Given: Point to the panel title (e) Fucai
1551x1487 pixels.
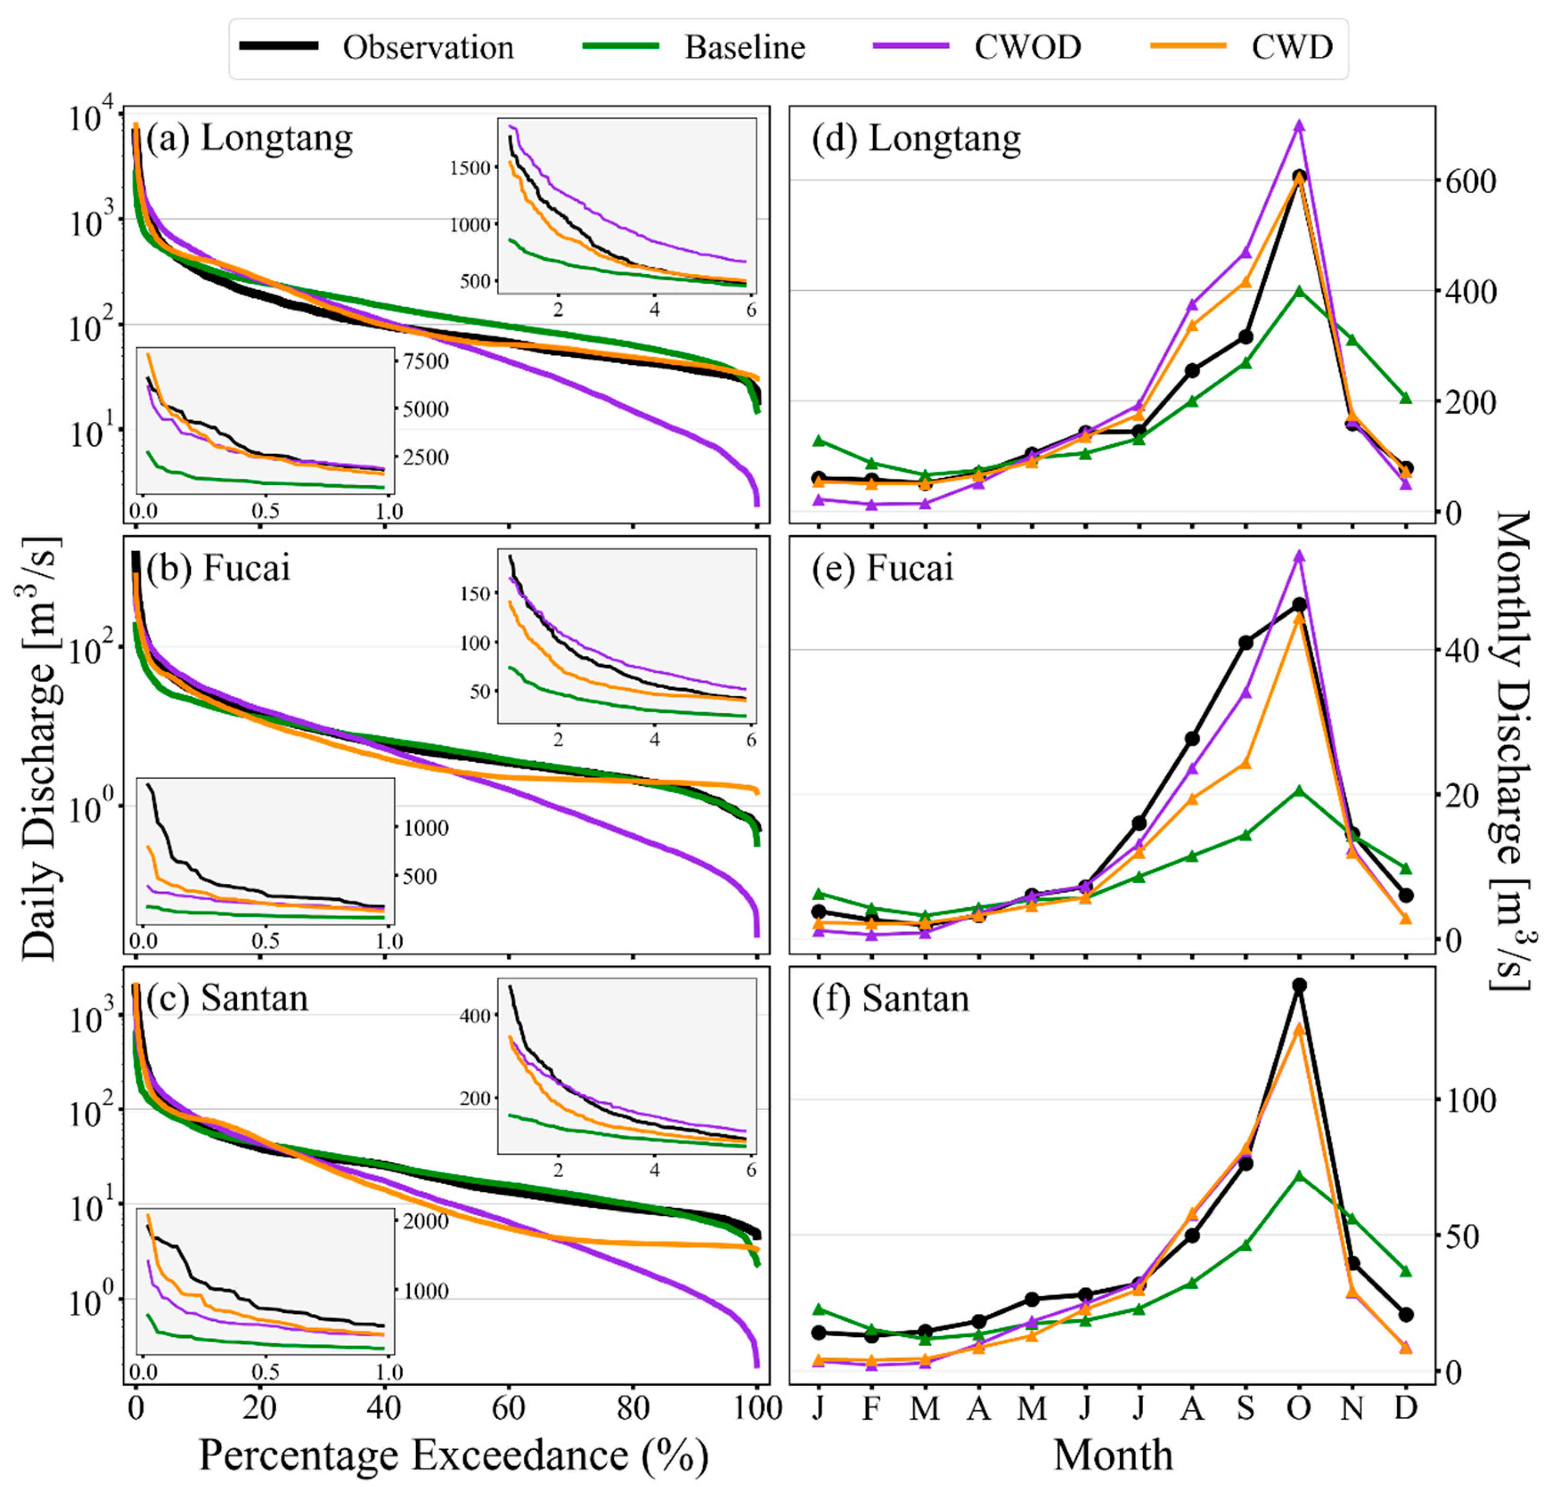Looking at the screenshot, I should point(882,568).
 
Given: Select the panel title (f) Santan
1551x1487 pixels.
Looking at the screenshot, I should point(890,999).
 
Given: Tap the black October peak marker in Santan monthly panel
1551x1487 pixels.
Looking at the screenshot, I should point(1299,985).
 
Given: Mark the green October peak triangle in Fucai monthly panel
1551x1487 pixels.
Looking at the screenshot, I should point(1299,790).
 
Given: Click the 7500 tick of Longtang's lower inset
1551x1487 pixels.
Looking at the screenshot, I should point(426,362).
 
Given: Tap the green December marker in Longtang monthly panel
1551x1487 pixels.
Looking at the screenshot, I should point(1405,398).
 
